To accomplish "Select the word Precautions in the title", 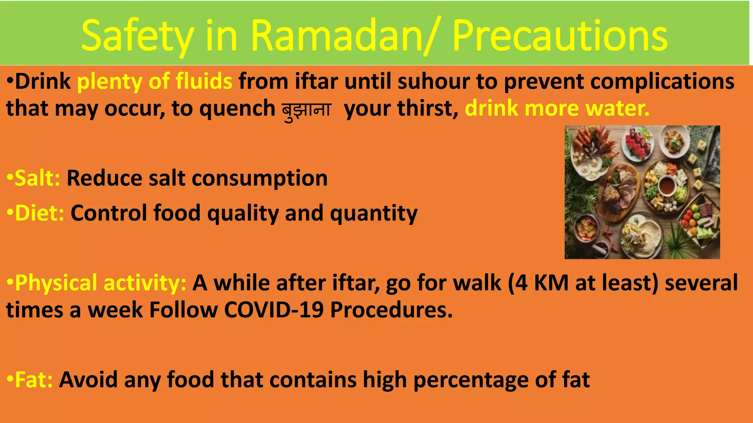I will pos(560,36).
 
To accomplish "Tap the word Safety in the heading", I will pos(138,36).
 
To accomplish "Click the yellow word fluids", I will pos(204,81).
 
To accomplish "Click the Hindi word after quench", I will pos(306,110).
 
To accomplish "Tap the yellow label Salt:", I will pos(37,178).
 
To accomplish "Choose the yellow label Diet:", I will pos(39,213).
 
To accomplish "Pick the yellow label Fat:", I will pos(33,380).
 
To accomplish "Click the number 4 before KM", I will pos(521,283).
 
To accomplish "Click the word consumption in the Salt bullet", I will pos(260,178).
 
